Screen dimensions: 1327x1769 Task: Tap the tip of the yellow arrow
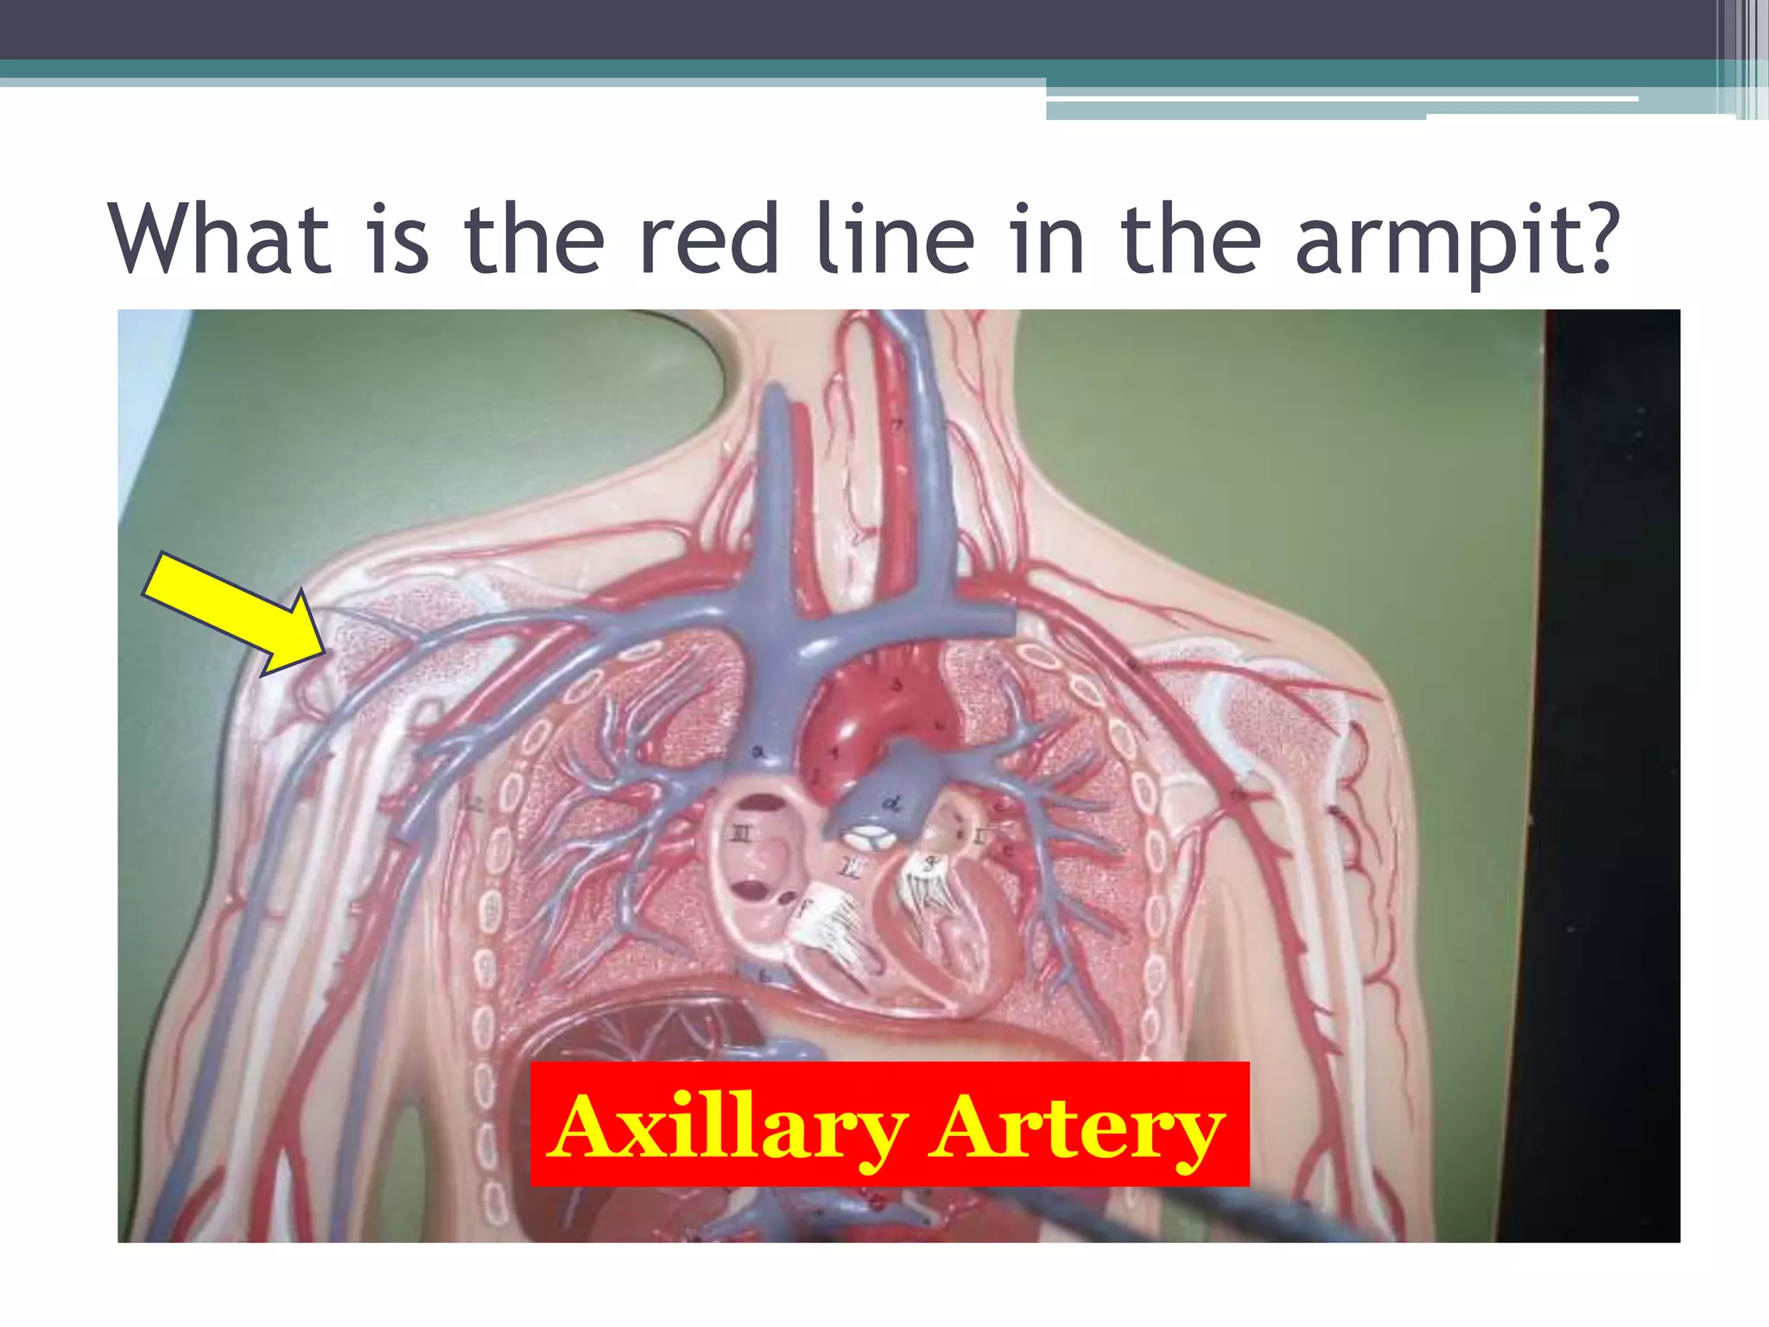point(323,652)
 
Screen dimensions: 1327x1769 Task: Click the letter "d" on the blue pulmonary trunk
point(891,804)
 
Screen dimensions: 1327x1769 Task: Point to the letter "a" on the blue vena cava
point(758,752)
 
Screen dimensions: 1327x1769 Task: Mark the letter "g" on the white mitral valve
point(931,861)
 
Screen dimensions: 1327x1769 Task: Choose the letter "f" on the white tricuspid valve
point(802,907)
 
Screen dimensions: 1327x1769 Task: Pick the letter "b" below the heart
point(764,975)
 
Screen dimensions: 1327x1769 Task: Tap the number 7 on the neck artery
point(897,423)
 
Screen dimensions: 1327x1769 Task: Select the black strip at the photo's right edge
point(1611,778)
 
